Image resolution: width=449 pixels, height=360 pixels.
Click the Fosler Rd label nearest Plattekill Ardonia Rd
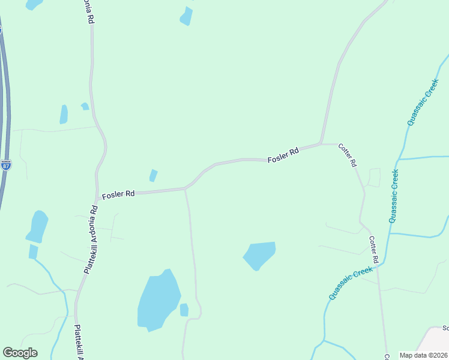[118, 195]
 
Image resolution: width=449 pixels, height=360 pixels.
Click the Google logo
[20, 353]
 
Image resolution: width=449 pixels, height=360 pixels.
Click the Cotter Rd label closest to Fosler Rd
[348, 155]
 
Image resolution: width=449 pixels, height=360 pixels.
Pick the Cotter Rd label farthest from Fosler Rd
[373, 250]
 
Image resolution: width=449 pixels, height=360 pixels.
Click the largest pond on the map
[158, 301]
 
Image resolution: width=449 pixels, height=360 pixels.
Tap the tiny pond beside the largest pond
[184, 310]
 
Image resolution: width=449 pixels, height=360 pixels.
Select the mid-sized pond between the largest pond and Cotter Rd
[260, 254]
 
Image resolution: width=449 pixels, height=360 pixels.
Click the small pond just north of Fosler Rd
[153, 175]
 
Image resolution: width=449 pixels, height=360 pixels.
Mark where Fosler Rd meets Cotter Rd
[322, 144]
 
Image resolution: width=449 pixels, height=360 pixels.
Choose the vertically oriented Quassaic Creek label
[394, 196]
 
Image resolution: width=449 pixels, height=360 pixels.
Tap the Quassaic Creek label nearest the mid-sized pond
[351, 284]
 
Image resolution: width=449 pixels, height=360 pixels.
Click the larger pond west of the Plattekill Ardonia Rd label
[37, 226]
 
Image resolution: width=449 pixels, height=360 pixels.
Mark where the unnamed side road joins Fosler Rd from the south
[185, 190]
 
